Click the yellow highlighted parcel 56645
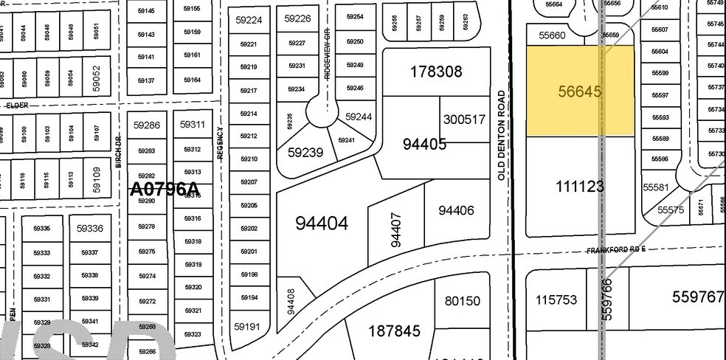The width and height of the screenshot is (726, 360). [580, 91]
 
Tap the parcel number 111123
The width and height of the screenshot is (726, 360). [580, 187]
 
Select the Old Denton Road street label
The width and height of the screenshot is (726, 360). [502, 136]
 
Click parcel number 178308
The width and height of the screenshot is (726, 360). [435, 72]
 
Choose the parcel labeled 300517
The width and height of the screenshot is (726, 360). [464, 120]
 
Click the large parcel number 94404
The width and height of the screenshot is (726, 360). [321, 223]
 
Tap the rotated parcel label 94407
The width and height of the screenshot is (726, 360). [396, 229]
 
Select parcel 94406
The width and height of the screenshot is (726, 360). [456, 211]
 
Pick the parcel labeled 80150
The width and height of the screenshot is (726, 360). [463, 301]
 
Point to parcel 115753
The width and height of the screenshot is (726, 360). [556, 302]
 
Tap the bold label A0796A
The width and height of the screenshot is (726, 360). [165, 190]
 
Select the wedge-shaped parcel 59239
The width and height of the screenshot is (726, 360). [305, 153]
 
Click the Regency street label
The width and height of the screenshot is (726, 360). [220, 142]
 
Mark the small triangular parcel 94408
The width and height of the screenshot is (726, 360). [292, 304]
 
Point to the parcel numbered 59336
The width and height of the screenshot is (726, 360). [89, 229]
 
